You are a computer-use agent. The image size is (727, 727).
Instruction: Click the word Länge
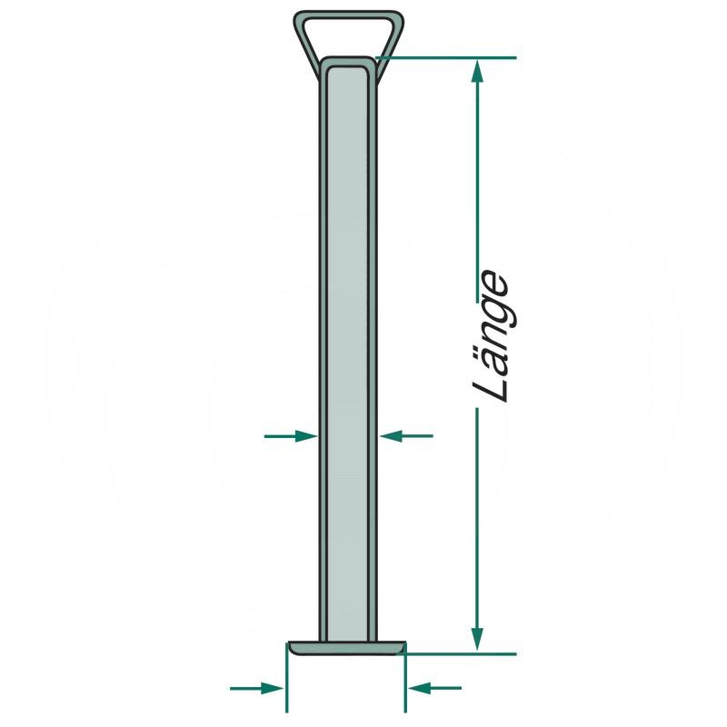click(491, 336)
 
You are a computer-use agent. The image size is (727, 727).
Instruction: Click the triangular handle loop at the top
click(349, 16)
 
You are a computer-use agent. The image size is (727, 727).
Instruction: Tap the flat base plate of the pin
click(346, 648)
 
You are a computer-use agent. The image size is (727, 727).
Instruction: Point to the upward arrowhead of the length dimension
click(478, 72)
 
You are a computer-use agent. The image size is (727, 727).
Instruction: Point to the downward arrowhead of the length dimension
click(478, 640)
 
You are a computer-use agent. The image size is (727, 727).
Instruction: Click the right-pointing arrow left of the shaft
click(291, 436)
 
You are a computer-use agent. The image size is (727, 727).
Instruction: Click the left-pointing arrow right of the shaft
click(406, 436)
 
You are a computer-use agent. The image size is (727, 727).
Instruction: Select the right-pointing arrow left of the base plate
click(256, 688)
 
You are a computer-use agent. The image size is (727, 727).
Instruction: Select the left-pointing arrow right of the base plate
click(435, 688)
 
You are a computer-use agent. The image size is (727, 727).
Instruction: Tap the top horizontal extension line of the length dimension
click(445, 58)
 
